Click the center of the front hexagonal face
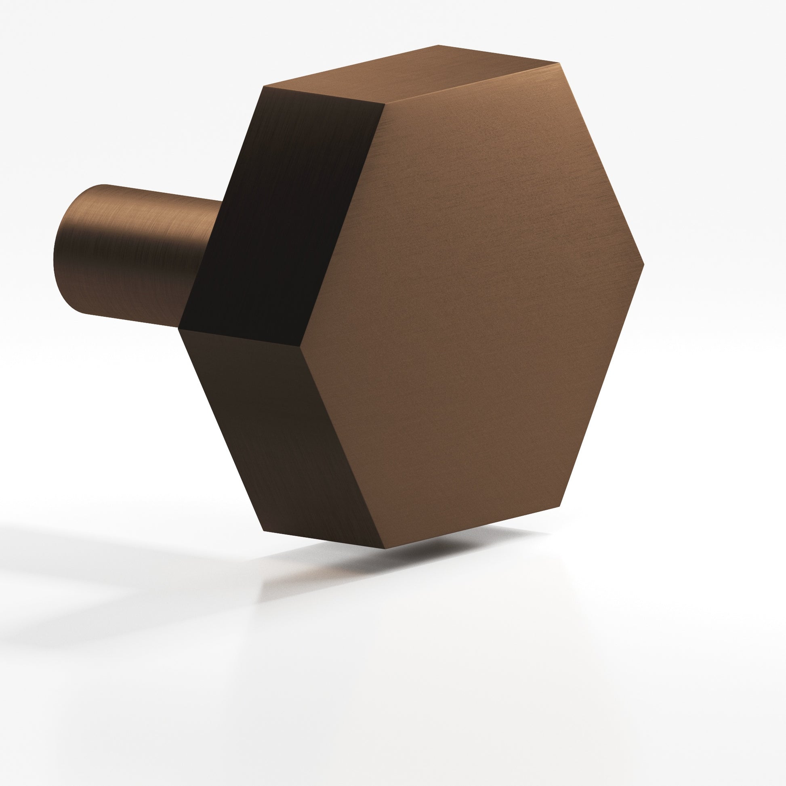click(472, 305)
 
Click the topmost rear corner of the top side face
click(439, 45)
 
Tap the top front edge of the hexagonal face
click(472, 83)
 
